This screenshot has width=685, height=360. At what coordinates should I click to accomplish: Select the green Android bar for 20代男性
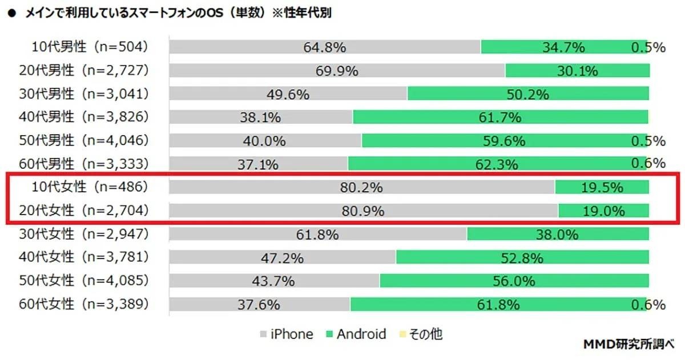(577, 71)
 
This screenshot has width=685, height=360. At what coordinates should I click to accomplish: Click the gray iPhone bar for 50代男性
(265, 141)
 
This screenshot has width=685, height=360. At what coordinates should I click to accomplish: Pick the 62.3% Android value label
(497, 165)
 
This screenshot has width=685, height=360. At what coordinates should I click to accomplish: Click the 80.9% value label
(362, 211)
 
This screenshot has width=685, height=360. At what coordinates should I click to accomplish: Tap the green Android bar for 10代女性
(602, 187)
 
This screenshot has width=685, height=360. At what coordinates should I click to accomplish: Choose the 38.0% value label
(557, 234)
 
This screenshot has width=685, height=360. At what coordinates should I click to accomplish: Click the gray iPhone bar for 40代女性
(283, 258)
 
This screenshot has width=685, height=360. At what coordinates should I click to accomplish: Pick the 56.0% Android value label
(514, 281)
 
